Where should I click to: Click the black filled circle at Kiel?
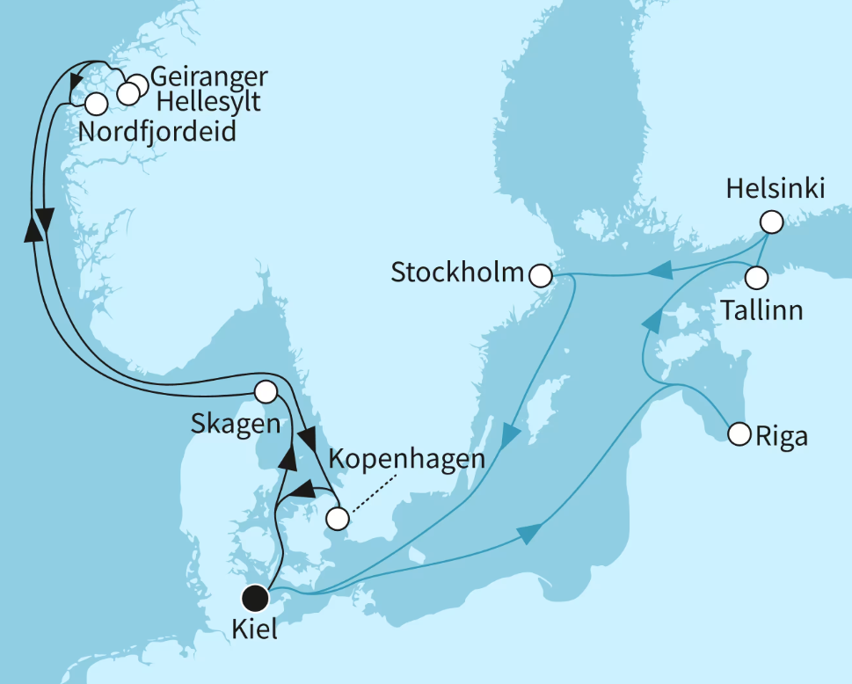coord(255,599)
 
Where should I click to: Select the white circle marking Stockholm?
coord(540,276)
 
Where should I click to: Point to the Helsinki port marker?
coord(771,222)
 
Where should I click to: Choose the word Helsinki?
coord(775,188)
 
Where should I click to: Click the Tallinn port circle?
coord(756,278)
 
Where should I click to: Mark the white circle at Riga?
coord(739,433)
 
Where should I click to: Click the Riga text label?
coord(782,437)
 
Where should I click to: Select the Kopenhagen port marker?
coord(337,520)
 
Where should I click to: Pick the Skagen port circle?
coord(265,391)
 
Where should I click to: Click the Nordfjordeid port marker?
coord(95,104)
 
